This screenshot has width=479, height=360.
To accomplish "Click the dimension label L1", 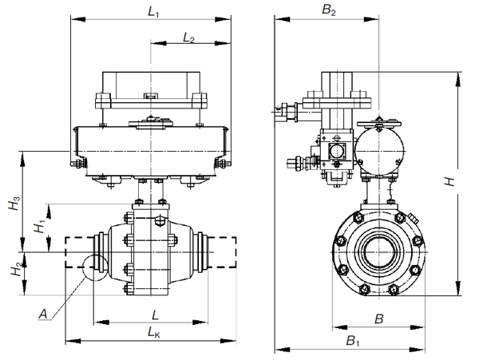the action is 153,13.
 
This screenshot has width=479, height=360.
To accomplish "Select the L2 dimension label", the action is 188,38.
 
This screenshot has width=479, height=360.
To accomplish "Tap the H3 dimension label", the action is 14,203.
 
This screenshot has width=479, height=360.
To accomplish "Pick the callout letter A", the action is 43,314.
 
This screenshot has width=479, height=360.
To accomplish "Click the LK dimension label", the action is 153,332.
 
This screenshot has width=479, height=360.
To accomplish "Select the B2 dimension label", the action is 329,10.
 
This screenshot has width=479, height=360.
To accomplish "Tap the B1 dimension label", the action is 353,340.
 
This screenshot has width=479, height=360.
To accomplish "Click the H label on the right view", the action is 449,182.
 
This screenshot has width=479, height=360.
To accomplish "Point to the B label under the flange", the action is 378,319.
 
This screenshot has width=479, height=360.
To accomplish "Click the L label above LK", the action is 155,315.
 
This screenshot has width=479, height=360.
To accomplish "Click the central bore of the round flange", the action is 378,252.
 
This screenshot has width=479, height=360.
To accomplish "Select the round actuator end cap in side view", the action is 379,151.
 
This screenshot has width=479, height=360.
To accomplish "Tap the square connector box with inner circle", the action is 337,151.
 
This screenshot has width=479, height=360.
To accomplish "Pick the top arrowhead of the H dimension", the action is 458,79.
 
